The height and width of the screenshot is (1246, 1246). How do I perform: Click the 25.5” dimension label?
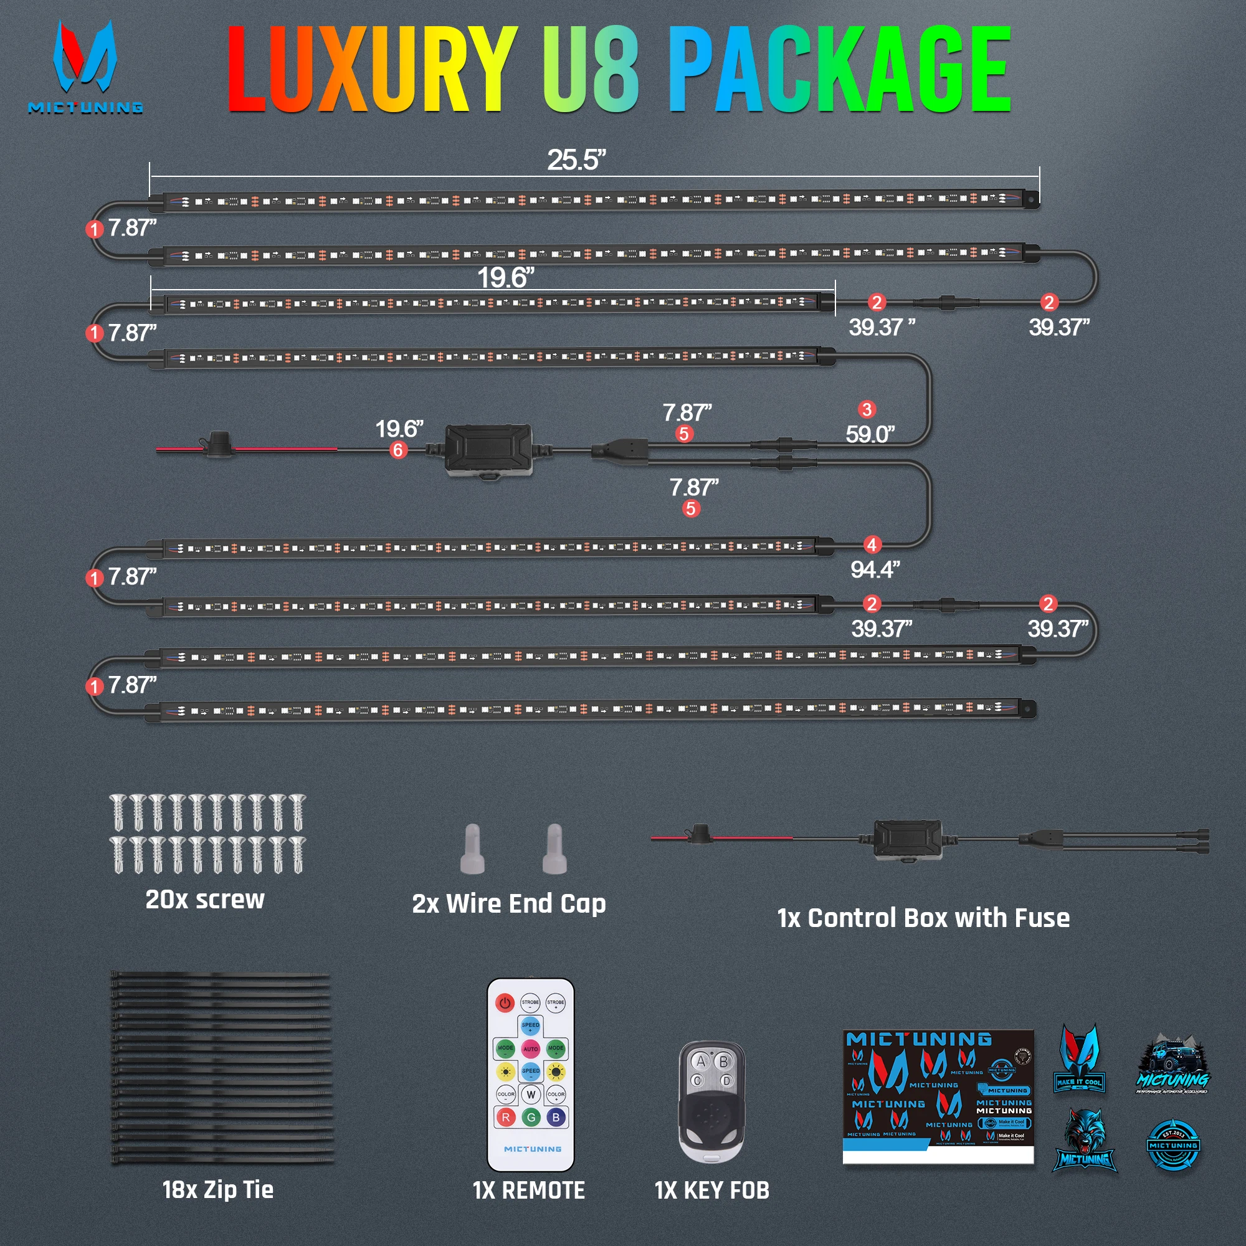coord(576,160)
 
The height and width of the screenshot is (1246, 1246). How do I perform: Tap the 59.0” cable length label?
coord(870,434)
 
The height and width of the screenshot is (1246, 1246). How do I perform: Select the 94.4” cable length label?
coord(875,569)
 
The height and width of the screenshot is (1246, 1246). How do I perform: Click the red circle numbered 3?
coord(867,409)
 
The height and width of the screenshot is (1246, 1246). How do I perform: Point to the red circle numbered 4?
coord(872,545)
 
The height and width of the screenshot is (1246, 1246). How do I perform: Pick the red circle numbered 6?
coord(398,450)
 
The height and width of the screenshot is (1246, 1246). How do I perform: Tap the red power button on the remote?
coord(505,1003)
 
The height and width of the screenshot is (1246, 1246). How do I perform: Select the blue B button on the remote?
coord(556,1118)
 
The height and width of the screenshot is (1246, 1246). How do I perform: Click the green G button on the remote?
coord(531,1118)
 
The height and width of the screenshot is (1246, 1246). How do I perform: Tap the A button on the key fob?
coord(700,1062)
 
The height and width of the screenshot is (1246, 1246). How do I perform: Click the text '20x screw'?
coord(205,900)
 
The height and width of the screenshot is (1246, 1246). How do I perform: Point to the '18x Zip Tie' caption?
coord(218,1190)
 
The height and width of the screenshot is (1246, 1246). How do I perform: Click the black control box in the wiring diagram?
coord(489,450)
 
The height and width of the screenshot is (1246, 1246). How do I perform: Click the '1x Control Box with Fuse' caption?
coord(923,918)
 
